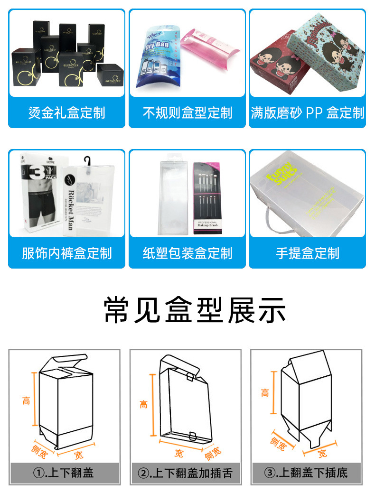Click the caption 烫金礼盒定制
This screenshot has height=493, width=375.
pos(66,113)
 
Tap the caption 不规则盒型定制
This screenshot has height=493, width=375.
pos(187,113)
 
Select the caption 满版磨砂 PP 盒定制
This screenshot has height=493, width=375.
pos(308,113)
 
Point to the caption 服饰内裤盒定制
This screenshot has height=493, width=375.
pos(66,253)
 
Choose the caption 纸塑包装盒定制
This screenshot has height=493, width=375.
pos(187,253)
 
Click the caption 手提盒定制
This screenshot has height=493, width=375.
pos(308,253)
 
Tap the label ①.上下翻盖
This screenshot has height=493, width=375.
pos(64,473)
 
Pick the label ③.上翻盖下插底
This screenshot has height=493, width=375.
pos(306,473)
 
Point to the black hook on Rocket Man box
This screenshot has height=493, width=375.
pos(87,160)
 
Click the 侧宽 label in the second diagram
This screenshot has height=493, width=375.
pos(212,454)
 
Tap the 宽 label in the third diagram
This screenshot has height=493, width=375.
pos(322,454)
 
